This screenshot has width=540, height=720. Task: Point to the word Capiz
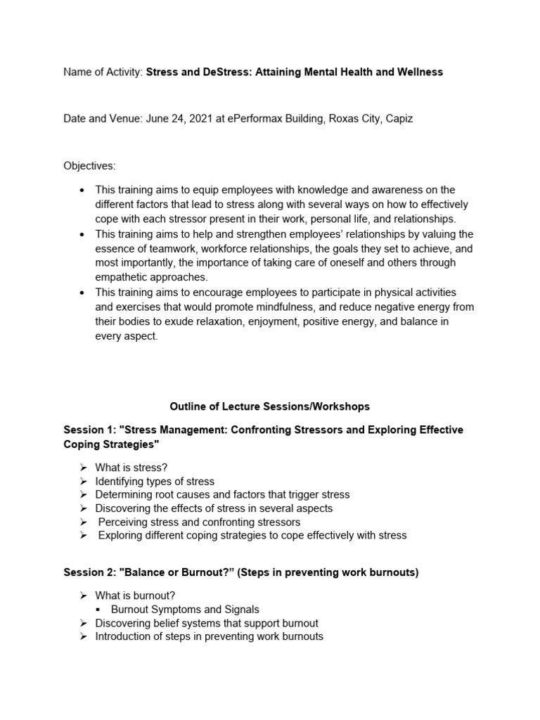click(398, 119)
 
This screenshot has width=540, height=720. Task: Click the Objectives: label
click(89, 166)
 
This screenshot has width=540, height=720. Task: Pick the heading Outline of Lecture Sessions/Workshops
click(269, 406)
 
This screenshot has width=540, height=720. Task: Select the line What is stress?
click(131, 468)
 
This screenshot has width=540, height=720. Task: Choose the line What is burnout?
click(135, 596)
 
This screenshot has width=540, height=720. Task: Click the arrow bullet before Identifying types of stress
click(83, 482)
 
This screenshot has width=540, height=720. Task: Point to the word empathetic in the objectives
click(120, 276)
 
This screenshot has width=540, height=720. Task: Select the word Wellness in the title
click(420, 72)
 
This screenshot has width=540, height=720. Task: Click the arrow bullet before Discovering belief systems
click(83, 623)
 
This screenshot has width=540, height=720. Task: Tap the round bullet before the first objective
click(83, 190)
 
